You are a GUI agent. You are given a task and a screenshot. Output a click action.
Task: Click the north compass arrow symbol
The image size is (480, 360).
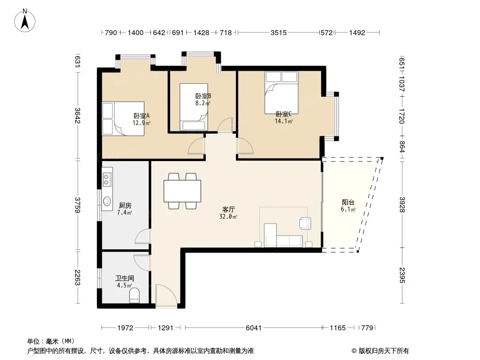25,21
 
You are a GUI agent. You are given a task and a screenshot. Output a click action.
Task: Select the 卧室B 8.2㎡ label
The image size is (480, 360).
203,99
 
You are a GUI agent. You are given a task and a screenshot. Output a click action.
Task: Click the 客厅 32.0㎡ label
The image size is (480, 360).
228,213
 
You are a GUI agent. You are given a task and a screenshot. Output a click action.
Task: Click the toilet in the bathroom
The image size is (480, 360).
134,296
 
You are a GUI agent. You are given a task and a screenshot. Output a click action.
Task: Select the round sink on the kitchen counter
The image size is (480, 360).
107,201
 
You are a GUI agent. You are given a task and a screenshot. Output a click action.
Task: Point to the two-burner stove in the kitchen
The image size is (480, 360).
107,180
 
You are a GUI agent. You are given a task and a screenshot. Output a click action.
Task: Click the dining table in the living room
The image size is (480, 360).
182,191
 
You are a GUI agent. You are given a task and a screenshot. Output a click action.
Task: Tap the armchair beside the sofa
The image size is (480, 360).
305,223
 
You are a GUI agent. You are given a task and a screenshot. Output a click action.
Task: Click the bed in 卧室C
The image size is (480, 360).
281,93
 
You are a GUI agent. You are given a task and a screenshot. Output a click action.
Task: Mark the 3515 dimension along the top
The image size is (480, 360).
279,32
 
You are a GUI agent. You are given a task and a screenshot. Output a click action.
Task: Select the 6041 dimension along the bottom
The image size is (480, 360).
254,328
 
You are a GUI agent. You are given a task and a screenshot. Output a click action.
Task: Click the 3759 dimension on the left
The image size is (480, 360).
78,205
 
